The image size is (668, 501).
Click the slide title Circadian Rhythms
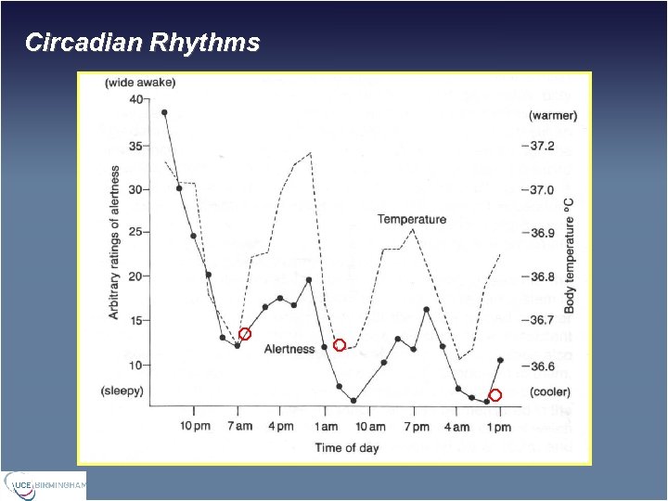[x=142, y=43]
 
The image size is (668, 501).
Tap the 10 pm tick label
[x=194, y=427]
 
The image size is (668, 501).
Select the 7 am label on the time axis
[x=238, y=427]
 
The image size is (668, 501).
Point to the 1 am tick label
[x=326, y=427]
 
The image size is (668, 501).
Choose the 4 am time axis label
[x=456, y=427]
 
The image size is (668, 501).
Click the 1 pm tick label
[x=499, y=427]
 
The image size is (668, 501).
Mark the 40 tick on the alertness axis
[x=137, y=100]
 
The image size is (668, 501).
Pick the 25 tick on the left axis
[x=137, y=233]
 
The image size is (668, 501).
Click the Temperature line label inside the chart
[x=411, y=219]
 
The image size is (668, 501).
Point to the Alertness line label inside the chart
[x=289, y=349]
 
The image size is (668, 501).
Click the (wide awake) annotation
[x=140, y=83]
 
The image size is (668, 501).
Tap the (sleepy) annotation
[x=122, y=391]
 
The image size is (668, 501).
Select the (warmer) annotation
[x=553, y=116]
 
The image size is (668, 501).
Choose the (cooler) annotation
[x=551, y=392]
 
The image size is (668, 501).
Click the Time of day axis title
[x=347, y=448]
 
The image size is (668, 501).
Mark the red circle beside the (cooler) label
[x=495, y=395]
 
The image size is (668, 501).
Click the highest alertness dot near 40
[x=164, y=112]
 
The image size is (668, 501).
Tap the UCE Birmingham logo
[x=45, y=484]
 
